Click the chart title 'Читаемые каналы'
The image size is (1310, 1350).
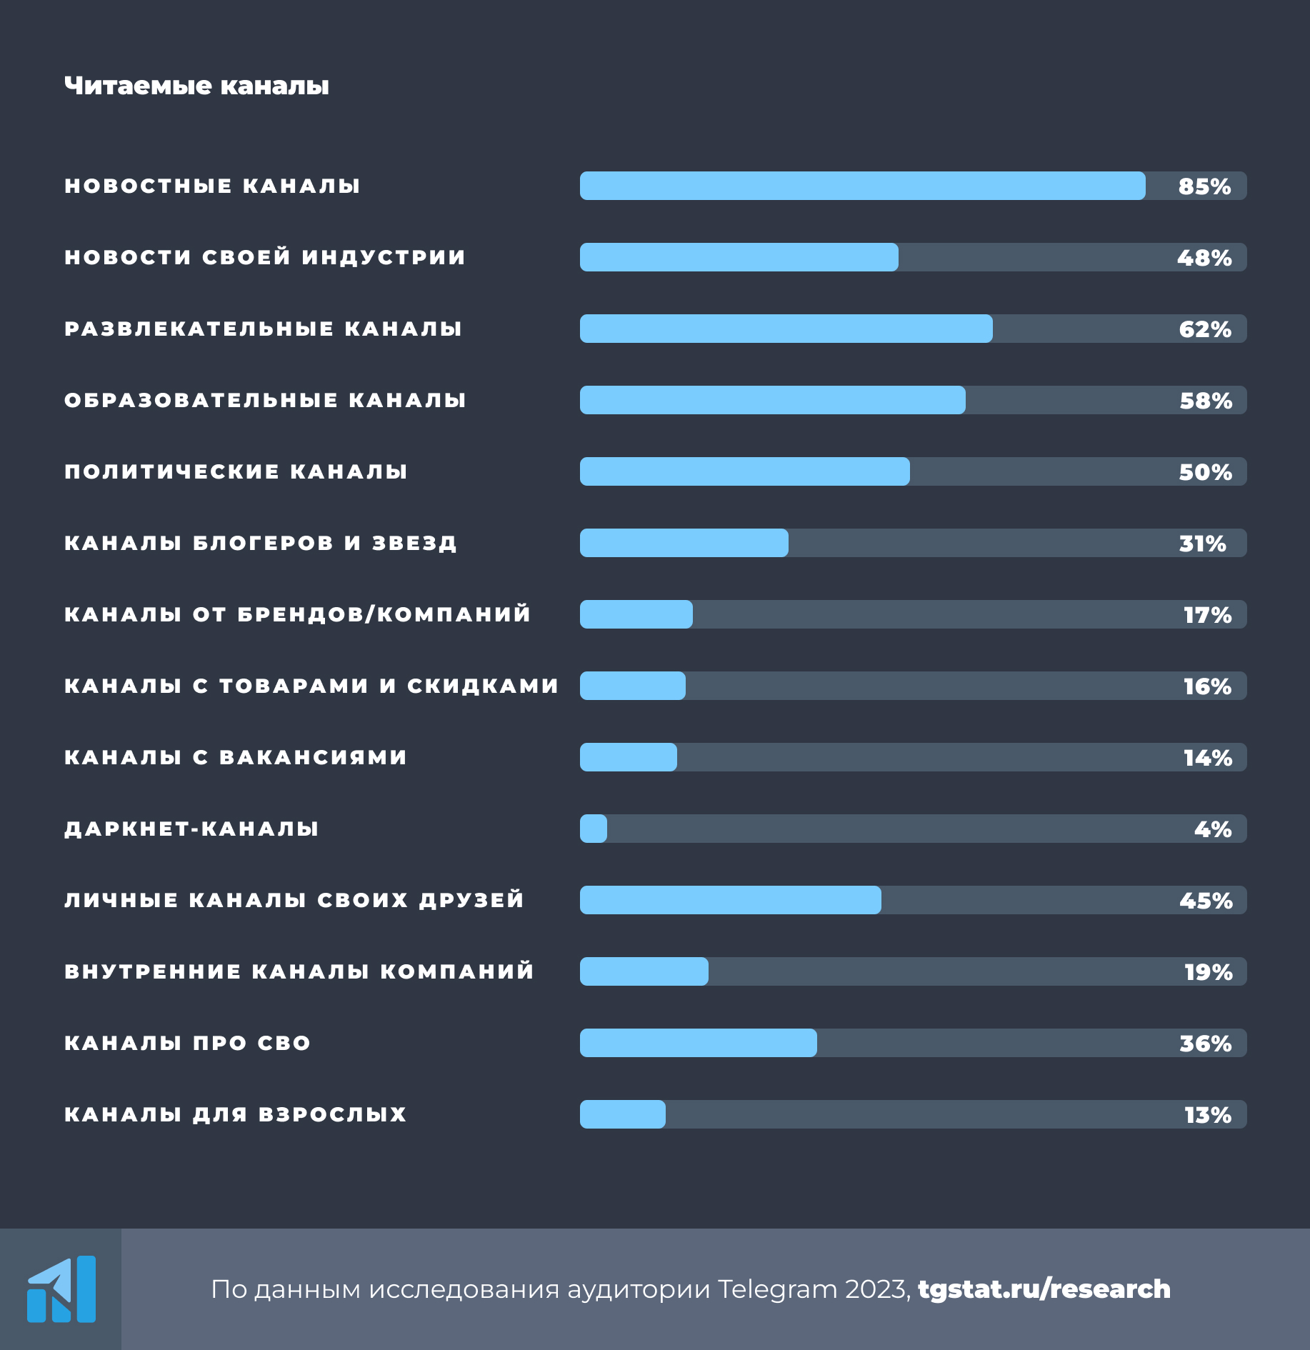point(196,86)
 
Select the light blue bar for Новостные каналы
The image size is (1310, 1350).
point(862,186)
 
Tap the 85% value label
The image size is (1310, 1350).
point(1204,186)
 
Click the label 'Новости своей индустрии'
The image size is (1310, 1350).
point(265,257)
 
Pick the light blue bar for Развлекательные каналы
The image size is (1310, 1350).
point(786,329)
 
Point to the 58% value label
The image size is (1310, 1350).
point(1206,401)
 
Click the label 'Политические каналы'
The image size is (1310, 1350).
point(236,471)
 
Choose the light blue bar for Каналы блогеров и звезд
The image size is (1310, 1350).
point(684,543)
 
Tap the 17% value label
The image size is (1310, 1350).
point(1207,615)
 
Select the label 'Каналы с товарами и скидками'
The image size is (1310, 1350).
point(311,686)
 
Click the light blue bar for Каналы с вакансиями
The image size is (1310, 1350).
point(628,757)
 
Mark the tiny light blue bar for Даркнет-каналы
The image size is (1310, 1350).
point(594,829)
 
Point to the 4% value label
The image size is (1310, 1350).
point(1213,829)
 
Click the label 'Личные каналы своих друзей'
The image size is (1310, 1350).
point(294,900)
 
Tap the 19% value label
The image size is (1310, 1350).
point(1208,972)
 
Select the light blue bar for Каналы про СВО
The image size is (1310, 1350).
point(698,1043)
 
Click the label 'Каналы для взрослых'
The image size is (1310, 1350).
point(236,1114)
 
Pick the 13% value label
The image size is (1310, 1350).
point(1207,1115)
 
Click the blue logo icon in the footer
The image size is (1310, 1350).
point(61,1289)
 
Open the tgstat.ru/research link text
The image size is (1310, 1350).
point(1044,1289)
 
